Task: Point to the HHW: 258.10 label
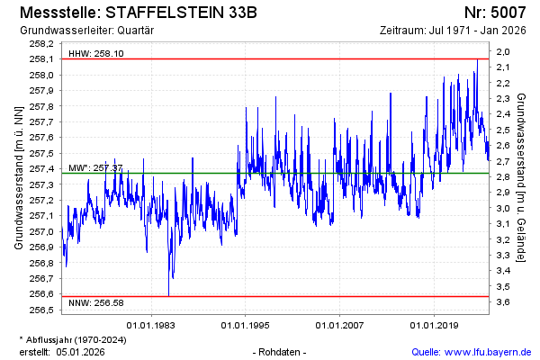tap(96, 54)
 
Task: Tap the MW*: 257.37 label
tap(95, 168)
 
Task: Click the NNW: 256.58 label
tap(95, 302)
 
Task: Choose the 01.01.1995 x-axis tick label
tap(244, 325)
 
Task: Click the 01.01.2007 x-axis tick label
tap(339, 325)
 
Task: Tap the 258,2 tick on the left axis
tap(41, 43)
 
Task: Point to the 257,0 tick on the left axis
tap(41, 231)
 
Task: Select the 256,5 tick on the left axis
tap(41, 310)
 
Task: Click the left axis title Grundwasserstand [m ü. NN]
tap(19, 176)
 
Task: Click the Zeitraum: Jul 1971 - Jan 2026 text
tap(455, 30)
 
